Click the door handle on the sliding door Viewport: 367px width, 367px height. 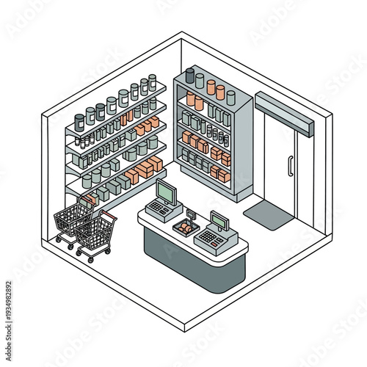coord(291,166)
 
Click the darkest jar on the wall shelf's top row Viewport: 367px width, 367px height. coord(79,119)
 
